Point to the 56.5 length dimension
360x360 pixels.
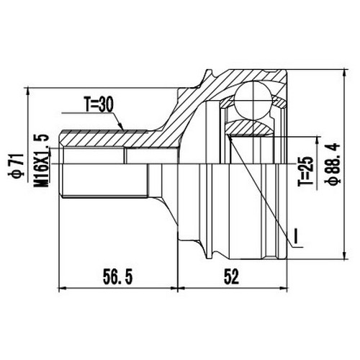[114, 275]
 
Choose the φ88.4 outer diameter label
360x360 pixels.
[333, 164]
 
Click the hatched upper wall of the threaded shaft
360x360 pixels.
[94, 137]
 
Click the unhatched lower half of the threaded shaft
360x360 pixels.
[101, 180]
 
